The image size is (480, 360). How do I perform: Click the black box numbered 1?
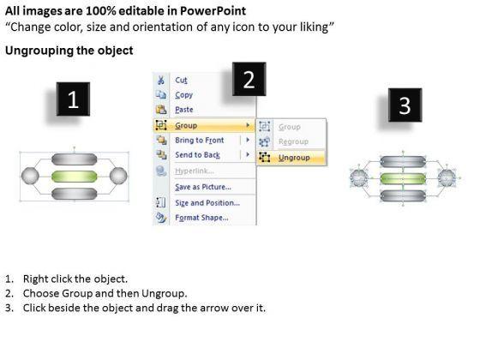click(x=73, y=99)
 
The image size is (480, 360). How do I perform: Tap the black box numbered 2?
click(x=249, y=79)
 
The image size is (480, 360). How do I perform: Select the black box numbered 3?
click(x=405, y=105)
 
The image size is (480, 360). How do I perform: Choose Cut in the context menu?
click(x=181, y=81)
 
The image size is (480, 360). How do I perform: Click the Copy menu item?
click(x=183, y=95)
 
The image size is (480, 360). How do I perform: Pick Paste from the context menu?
click(x=184, y=110)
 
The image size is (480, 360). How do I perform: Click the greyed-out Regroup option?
click(x=293, y=141)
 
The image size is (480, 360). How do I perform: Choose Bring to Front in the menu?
click(x=199, y=141)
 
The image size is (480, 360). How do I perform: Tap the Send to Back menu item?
click(x=197, y=155)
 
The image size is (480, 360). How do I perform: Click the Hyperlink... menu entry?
click(x=194, y=171)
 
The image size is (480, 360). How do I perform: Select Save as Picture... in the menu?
click(x=203, y=187)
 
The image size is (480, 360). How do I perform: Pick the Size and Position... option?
click(x=207, y=202)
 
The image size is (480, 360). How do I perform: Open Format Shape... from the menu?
click(x=201, y=218)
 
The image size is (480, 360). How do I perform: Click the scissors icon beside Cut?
click(x=160, y=81)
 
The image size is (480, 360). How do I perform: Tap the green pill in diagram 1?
click(x=74, y=177)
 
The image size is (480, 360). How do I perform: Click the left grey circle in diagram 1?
click(x=30, y=176)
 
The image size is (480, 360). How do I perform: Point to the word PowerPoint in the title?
click(x=213, y=11)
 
